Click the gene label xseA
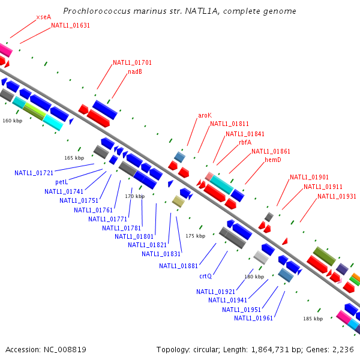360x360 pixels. coord(43,17)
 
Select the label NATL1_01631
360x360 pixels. coord(70,25)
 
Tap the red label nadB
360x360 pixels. coord(134,72)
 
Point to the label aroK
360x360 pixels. coord(205,115)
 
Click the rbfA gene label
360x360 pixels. coord(245,143)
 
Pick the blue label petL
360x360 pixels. coord(62,182)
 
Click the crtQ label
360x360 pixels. coord(206,277)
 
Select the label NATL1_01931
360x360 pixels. coord(337,196)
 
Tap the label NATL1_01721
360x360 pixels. coord(34,173)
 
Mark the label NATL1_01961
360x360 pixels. coord(253,318)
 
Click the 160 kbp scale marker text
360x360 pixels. coord(12,121)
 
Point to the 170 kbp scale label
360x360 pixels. coord(134,196)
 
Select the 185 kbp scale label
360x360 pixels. coord(313,319)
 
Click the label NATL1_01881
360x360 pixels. coord(178,266)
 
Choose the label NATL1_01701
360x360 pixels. coord(132,62)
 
